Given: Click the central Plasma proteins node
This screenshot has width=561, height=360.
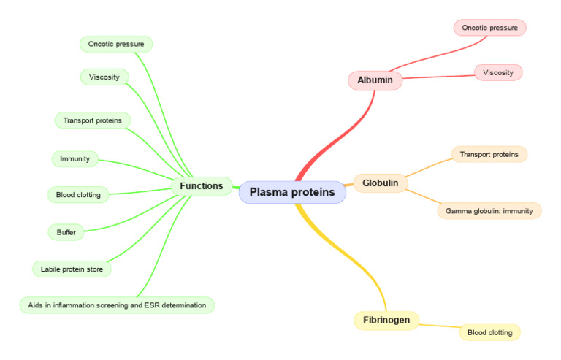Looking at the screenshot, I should [292, 193].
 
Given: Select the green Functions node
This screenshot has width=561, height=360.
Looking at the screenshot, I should [202, 186].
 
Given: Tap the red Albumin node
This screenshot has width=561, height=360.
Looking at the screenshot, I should [375, 80].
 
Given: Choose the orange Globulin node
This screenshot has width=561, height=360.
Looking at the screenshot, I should [380, 183].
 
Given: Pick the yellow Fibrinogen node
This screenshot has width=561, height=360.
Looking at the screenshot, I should [386, 320].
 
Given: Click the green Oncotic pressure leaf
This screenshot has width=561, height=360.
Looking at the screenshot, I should [116, 45].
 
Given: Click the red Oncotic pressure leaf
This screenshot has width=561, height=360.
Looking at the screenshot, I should [489, 28].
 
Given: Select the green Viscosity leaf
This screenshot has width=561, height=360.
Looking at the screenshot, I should [104, 77].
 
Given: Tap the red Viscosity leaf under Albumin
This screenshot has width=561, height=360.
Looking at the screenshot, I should [498, 72].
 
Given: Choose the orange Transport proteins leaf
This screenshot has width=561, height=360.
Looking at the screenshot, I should [489, 154].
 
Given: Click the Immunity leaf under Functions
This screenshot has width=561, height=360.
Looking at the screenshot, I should [75, 158].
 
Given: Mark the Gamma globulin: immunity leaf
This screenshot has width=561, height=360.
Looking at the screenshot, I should [489, 211].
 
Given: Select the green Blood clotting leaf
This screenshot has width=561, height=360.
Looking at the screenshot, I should [78, 195].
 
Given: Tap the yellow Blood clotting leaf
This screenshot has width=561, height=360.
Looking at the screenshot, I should [489, 332].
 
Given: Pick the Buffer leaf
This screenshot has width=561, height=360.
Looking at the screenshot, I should [66, 232].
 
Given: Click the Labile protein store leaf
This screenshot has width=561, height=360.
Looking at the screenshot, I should [72, 269].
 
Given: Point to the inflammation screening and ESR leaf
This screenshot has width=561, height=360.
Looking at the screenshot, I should [116, 305].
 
